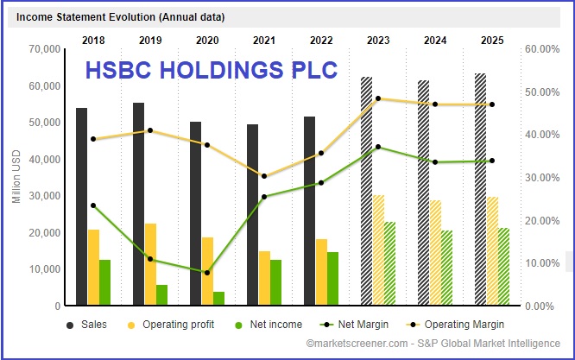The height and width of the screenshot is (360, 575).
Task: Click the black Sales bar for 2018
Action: pyautogui.click(x=81, y=207)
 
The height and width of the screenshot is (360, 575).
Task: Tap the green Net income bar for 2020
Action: pyautogui.click(x=218, y=298)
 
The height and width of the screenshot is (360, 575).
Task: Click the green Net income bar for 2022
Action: pyautogui.click(x=332, y=279)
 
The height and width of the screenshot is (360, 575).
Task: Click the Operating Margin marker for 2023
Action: pyautogui.click(x=378, y=98)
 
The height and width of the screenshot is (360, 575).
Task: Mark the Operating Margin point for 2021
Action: pyautogui.click(x=264, y=176)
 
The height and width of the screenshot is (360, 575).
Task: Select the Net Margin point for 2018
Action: pyautogui.click(x=93, y=205)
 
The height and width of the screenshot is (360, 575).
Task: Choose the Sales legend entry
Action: pyautogui.click(x=87, y=325)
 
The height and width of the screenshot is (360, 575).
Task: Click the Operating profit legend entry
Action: pyautogui.click(x=163, y=325)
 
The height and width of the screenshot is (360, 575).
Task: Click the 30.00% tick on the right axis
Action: pyautogui.click(x=542, y=178)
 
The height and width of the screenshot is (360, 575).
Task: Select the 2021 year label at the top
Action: pyautogui.click(x=264, y=39)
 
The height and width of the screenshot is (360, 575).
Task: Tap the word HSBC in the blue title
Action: pyautogui.click(x=118, y=68)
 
